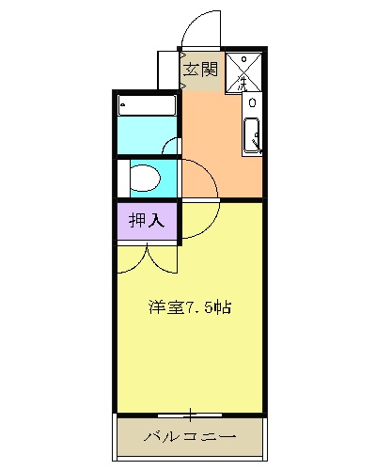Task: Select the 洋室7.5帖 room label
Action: tap(189, 306)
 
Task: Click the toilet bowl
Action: tap(146, 178)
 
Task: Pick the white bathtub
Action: tap(148, 106)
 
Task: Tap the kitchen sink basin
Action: tap(252, 137)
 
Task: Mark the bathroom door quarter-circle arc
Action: tap(170, 146)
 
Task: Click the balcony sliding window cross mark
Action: tap(189, 414)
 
